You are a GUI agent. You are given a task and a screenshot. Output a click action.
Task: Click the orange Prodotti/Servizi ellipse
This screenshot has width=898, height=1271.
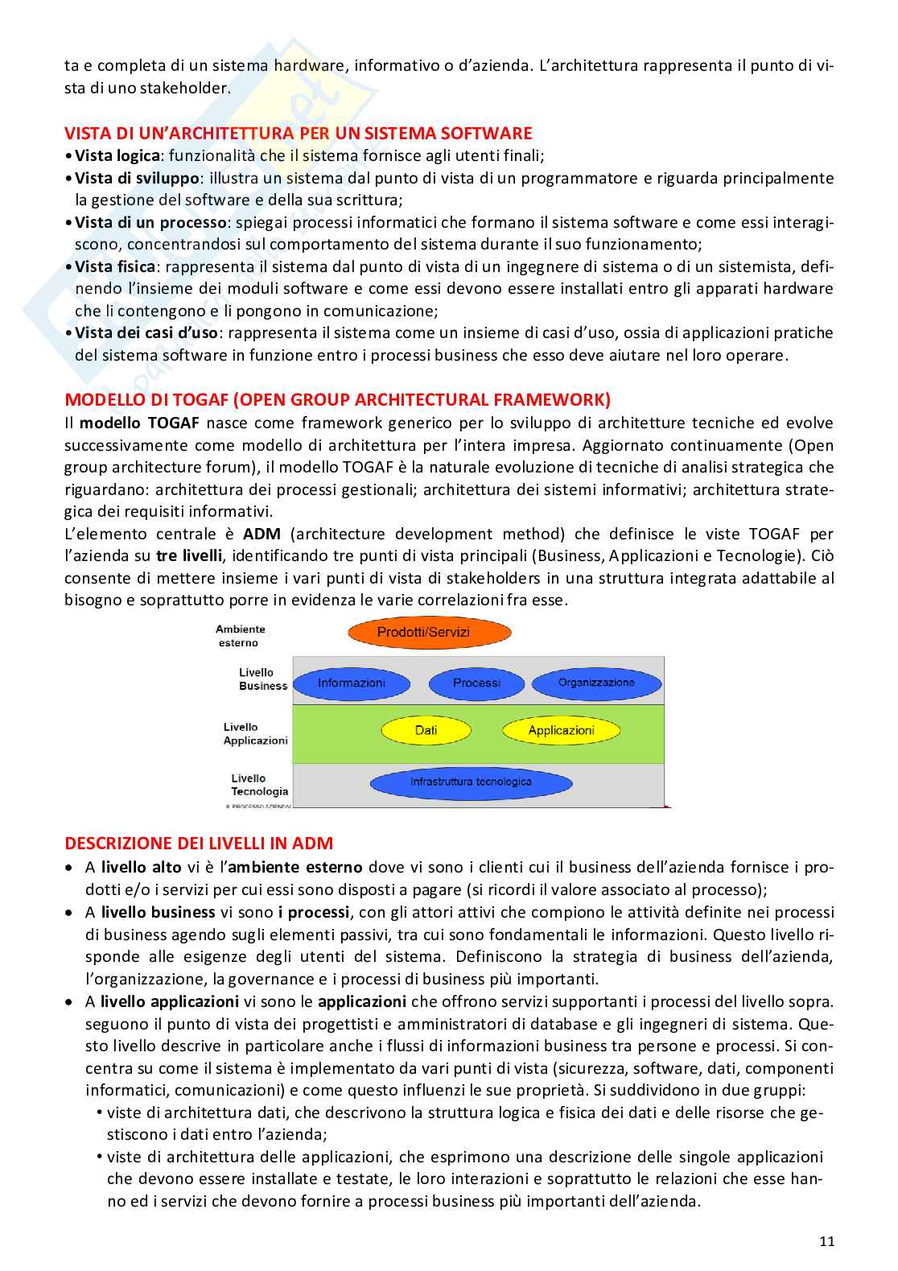[430, 633]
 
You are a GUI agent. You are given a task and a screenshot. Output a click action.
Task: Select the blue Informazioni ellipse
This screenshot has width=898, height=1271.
[352, 683]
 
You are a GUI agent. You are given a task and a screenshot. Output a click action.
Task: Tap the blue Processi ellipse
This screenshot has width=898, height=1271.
[476, 683]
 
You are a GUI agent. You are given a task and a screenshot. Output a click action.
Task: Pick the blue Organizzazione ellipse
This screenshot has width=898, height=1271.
[596, 683]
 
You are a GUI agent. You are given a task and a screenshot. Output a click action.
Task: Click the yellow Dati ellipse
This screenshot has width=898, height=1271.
[426, 731]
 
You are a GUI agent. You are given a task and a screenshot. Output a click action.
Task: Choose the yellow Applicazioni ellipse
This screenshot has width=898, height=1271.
[561, 731]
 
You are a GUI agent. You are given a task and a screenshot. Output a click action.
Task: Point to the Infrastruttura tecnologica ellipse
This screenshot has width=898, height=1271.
[471, 782]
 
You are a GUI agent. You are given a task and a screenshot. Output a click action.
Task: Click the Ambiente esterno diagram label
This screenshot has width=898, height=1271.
[240, 636]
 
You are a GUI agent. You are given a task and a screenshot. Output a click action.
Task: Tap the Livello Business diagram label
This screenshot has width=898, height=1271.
[262, 679]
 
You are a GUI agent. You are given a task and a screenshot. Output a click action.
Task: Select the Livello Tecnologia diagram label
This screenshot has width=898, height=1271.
[258, 785]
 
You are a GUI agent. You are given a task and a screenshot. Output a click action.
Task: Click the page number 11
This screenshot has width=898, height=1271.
[826, 1241]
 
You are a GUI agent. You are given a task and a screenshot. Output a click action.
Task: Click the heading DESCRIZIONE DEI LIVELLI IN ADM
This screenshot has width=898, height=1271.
[199, 844]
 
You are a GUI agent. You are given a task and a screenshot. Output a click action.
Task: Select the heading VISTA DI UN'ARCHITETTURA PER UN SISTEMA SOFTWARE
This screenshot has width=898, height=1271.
[299, 134]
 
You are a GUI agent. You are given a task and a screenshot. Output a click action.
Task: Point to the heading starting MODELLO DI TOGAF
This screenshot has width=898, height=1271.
[337, 400]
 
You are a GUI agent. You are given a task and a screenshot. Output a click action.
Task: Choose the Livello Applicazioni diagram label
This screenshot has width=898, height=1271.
[254, 734]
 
